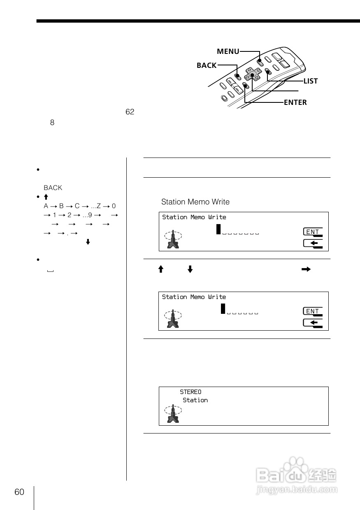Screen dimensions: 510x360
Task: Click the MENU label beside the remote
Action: point(228,51)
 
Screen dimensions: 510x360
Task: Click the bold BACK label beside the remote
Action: point(207,65)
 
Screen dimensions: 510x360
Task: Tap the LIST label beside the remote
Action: point(311,81)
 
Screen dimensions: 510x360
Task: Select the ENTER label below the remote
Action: point(295,102)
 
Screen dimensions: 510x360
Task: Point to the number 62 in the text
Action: point(130,112)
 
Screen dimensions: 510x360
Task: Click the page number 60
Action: point(19,492)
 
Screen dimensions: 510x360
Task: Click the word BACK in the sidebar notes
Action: point(53,188)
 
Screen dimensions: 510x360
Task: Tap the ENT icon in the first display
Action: point(313,232)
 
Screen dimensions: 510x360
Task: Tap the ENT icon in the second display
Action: point(313,311)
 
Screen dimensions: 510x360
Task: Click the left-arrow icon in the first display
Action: point(313,243)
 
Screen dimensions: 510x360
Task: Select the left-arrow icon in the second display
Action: point(313,323)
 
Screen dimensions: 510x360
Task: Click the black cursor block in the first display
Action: point(219,229)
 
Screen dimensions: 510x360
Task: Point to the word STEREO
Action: point(190,392)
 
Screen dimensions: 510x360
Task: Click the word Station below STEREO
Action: point(195,400)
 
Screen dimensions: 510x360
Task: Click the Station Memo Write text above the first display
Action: point(195,202)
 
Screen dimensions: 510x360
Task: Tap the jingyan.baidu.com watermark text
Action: point(297,490)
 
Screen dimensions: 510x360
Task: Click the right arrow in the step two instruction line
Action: point(306,269)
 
